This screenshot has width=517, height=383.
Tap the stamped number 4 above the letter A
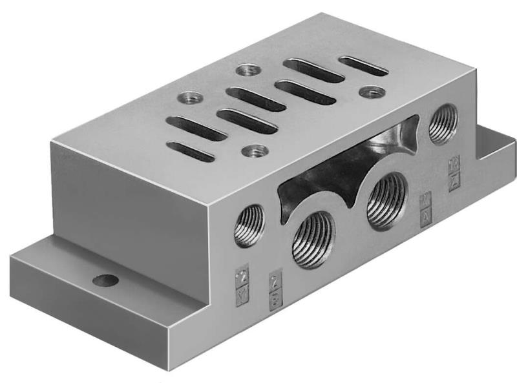coord(425,202)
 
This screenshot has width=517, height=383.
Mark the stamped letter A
coord(425,214)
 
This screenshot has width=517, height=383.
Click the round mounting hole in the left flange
coord(105,281)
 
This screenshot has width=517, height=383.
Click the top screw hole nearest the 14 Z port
coord(370,92)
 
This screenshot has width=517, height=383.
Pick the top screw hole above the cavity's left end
coord(250,152)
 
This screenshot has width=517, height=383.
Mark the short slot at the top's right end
coord(364,66)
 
